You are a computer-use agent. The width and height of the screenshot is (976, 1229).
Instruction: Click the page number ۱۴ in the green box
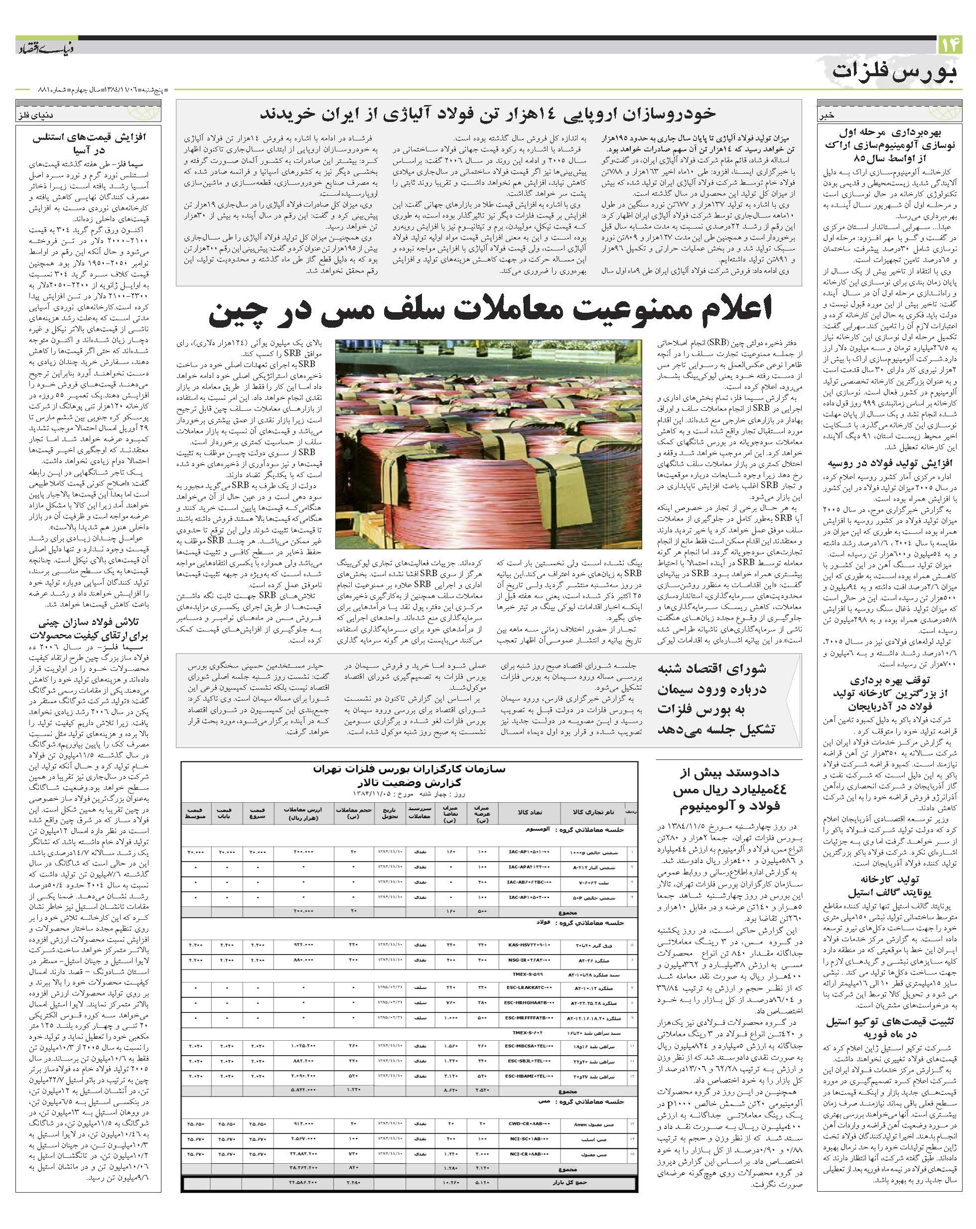[x=949, y=44]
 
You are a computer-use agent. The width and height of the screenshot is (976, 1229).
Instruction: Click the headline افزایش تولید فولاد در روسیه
[x=889, y=463]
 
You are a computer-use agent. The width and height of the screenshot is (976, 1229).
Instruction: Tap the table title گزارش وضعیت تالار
[x=409, y=783]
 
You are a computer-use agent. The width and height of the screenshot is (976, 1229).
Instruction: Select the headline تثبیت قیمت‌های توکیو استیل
[x=889, y=1022]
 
